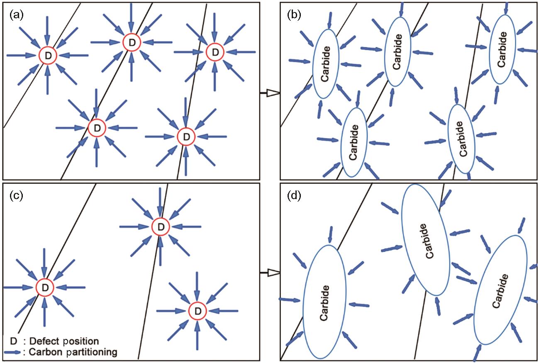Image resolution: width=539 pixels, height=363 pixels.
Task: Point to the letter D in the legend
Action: [x=13, y=341]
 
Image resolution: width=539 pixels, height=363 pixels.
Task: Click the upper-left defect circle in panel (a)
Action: [x=47, y=56]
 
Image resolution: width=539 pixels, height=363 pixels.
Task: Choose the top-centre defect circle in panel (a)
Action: [x=132, y=42]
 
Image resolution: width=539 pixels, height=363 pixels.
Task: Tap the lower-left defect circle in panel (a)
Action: [x=97, y=128]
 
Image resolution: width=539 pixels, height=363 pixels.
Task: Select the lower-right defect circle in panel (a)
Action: [x=185, y=136]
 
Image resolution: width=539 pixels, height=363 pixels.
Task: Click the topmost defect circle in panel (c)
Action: [x=161, y=227]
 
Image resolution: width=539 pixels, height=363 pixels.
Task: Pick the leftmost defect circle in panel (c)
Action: [x=45, y=287]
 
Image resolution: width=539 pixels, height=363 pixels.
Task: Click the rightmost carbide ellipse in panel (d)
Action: [x=500, y=290]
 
